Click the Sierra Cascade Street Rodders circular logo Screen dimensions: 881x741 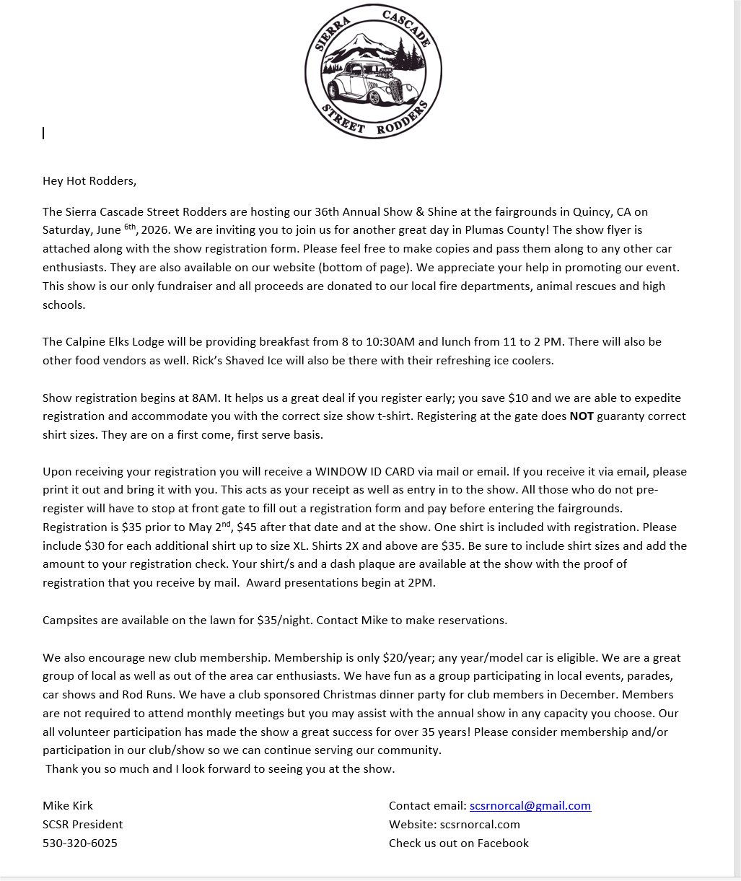(x=372, y=71)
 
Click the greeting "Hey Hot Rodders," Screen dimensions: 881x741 (x=89, y=181)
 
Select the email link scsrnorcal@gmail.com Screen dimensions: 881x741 (x=530, y=806)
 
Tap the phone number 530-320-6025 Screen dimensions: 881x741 (x=80, y=843)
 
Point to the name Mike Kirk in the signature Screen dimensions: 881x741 (x=68, y=806)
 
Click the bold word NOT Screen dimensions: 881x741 (x=582, y=416)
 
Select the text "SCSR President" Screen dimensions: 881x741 (x=83, y=825)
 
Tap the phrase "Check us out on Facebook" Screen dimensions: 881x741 (x=459, y=843)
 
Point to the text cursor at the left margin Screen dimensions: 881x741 (x=43, y=133)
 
